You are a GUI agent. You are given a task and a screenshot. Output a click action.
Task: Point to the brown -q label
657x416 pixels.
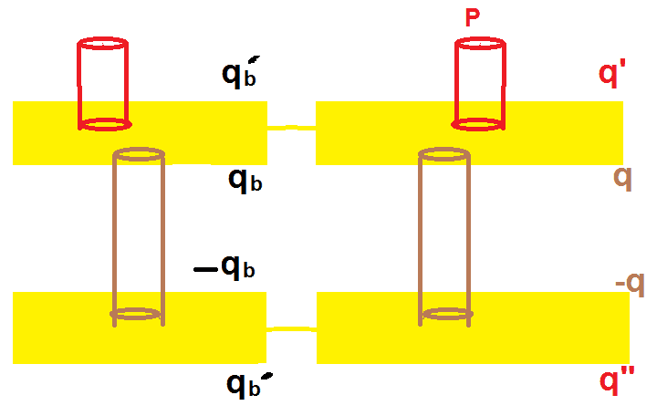pos(630,286)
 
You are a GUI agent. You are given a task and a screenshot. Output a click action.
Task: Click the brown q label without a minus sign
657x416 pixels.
pos(623,177)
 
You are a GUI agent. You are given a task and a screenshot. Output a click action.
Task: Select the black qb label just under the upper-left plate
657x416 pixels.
pos(245,181)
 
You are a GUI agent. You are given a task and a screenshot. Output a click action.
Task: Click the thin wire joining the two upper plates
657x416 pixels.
pos(290,129)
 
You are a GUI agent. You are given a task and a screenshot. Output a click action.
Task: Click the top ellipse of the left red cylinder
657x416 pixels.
pos(102,43)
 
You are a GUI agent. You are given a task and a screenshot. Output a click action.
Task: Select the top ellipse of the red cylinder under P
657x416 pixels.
pos(481,43)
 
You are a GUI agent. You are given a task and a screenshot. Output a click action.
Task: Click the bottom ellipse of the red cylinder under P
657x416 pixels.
pos(481,122)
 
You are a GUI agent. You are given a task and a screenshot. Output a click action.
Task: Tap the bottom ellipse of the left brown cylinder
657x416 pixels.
pos(138,315)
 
